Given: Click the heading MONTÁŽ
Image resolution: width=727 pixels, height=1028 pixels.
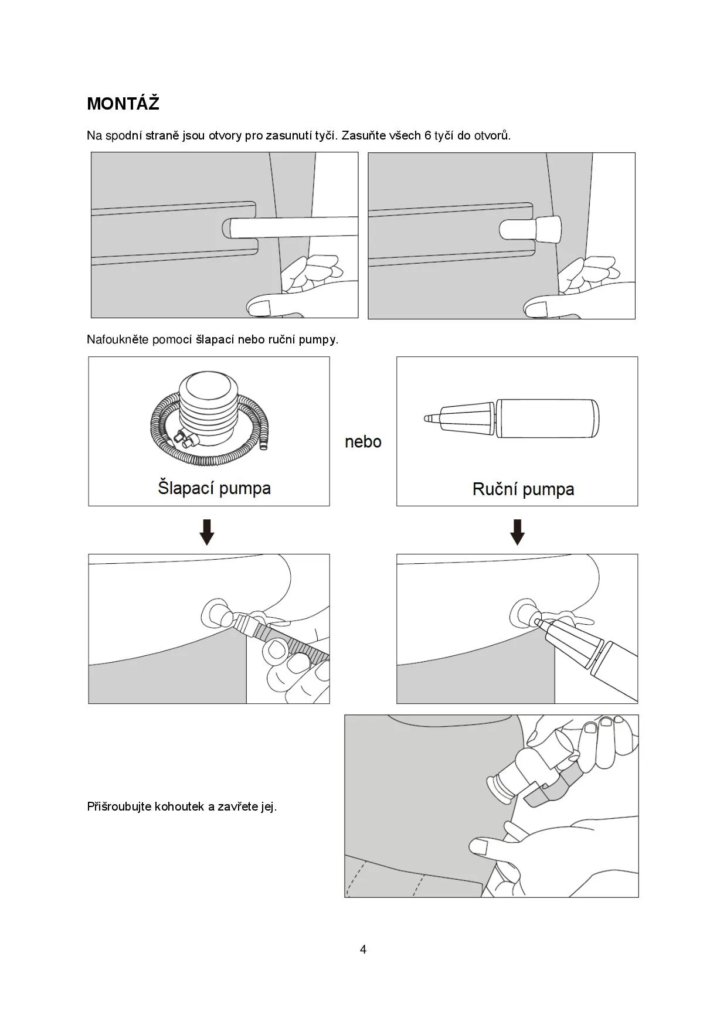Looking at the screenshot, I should tap(123, 104).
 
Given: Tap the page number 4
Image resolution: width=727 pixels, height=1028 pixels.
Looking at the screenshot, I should tap(363, 949).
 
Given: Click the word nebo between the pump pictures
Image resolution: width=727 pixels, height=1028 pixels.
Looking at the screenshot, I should tap(363, 441).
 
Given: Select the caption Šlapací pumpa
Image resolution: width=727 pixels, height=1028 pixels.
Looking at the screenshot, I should tap(214, 488).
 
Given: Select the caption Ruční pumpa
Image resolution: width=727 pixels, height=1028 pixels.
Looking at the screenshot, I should tap(523, 489).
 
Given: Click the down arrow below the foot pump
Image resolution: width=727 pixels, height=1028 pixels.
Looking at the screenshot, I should tap(207, 532).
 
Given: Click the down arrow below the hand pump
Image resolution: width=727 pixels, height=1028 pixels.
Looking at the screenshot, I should tap(517, 532).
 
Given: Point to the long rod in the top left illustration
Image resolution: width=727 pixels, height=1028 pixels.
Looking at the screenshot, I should tap(293, 227).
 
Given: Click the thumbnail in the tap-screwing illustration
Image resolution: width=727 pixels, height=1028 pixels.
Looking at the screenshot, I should tap(480, 846).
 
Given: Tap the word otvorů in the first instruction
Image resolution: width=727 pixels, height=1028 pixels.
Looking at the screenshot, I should tap(492, 135).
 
